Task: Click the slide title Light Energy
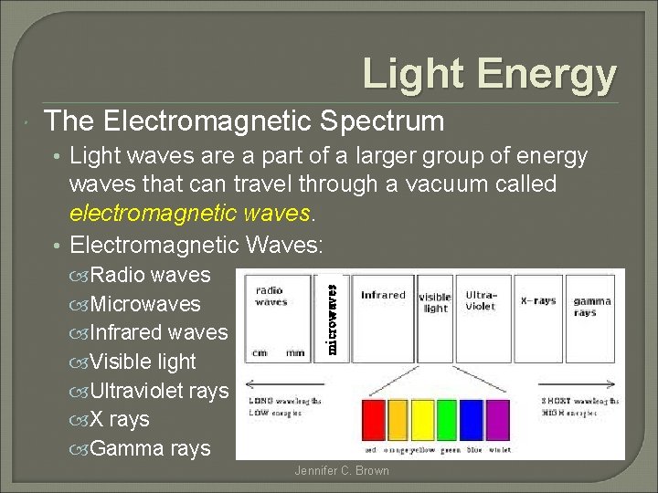(x=490, y=74)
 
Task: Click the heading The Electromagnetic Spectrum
(x=244, y=121)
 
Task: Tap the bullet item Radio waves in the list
(x=150, y=275)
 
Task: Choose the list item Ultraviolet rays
(x=159, y=391)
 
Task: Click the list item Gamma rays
(x=150, y=449)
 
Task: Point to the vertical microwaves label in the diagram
(x=334, y=316)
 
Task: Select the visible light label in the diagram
(x=435, y=303)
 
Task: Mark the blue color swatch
(x=472, y=421)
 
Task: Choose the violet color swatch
(x=498, y=421)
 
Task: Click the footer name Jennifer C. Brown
(x=342, y=471)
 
